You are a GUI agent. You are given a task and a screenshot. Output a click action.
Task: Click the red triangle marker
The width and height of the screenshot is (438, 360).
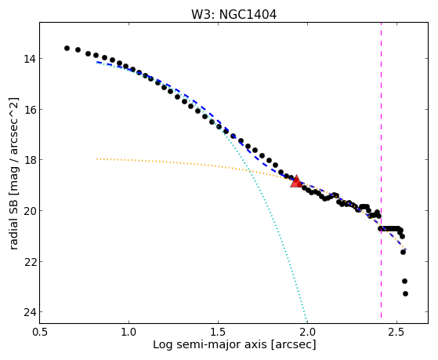[296, 181]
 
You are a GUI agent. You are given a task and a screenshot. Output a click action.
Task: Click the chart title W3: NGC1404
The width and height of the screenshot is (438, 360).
[233, 15]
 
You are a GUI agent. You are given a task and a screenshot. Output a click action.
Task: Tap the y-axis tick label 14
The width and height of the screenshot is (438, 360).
[29, 59]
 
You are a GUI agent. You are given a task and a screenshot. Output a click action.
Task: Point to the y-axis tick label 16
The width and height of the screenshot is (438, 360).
[29, 109]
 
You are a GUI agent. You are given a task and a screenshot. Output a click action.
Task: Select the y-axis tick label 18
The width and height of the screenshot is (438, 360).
[29, 160]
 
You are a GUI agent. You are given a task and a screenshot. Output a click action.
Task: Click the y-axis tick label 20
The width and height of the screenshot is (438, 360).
[29, 211]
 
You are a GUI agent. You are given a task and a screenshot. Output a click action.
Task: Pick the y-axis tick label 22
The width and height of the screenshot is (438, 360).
[29, 261]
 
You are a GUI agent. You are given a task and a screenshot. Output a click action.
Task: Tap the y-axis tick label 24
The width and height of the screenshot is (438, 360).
[29, 312]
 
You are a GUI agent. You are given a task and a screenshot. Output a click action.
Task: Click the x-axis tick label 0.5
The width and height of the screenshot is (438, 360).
[40, 332]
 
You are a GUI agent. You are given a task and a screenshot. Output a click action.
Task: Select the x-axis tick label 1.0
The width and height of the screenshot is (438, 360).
[129, 332]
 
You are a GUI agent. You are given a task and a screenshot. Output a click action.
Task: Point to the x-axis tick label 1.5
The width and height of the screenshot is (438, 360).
[218, 332]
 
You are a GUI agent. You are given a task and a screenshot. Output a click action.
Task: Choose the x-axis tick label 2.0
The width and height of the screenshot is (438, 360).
[307, 332]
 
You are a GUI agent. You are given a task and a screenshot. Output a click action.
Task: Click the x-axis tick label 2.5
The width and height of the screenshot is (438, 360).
[396, 332]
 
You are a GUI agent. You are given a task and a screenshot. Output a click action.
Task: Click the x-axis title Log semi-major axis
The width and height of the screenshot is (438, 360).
[210, 345]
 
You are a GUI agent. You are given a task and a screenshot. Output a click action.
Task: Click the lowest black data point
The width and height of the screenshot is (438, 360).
[405, 293]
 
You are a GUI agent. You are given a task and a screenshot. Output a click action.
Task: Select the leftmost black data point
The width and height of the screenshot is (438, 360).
[67, 48]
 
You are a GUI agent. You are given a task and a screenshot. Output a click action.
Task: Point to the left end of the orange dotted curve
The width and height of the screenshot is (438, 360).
[96, 159]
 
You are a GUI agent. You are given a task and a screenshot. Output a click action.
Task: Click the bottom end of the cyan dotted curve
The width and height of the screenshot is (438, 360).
[307, 322]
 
